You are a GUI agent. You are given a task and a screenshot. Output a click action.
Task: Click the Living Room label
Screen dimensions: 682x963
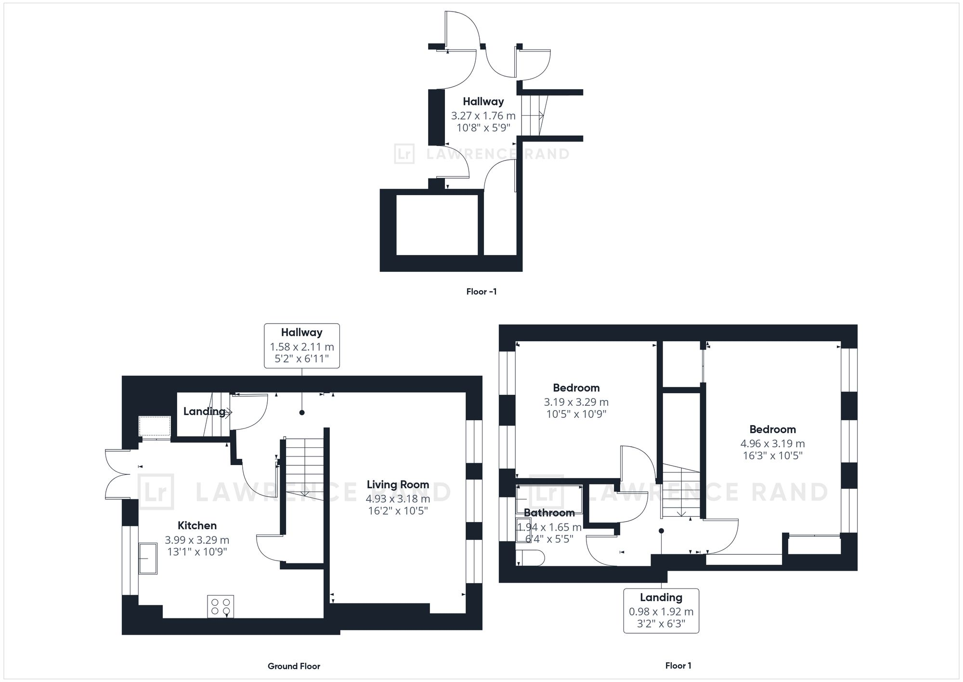pyautogui.click(x=398, y=484)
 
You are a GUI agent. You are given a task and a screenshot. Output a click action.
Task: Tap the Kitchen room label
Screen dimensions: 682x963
pyautogui.click(x=197, y=525)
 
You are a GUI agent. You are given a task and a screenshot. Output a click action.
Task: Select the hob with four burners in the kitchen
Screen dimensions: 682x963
pyautogui.click(x=221, y=607)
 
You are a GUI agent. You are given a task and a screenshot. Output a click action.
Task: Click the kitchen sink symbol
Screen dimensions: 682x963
pyautogui.click(x=148, y=558)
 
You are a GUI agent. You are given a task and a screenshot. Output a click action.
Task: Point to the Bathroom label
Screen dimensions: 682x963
pyautogui.click(x=549, y=512)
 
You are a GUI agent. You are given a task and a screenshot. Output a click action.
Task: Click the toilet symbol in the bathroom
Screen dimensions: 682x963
pyautogui.click(x=530, y=558)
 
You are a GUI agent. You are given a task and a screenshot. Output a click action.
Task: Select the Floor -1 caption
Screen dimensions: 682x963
pyautogui.click(x=481, y=292)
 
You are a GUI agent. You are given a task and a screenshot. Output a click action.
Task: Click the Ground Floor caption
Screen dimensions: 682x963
pyautogui.click(x=294, y=666)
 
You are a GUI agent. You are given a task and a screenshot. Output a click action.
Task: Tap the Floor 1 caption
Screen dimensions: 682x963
pyautogui.click(x=678, y=666)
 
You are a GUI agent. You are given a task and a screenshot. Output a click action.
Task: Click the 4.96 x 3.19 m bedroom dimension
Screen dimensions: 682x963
pyautogui.click(x=772, y=443)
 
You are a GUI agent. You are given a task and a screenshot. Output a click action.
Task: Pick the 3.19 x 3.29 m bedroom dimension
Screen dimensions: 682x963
pyautogui.click(x=576, y=402)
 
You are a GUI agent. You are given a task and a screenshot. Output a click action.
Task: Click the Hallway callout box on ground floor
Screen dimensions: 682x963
pyautogui.click(x=302, y=346)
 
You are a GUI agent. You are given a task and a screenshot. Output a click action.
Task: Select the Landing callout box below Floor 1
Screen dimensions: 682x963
pyautogui.click(x=661, y=611)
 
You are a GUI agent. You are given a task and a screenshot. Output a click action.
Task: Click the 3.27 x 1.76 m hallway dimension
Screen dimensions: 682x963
pyautogui.click(x=483, y=116)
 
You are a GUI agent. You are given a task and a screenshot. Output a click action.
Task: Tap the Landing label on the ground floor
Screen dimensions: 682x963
pyautogui.click(x=204, y=412)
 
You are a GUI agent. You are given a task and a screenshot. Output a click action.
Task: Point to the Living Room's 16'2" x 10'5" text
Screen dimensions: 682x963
pyautogui.click(x=398, y=511)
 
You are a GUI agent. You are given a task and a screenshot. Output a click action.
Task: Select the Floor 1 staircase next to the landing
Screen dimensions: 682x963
pyautogui.click(x=679, y=492)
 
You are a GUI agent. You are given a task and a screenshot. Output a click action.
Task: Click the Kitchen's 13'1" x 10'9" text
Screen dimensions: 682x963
pyautogui.click(x=197, y=552)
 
